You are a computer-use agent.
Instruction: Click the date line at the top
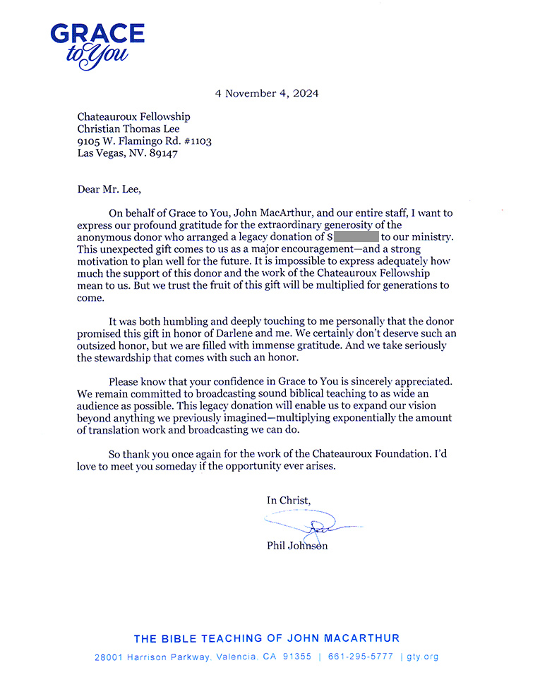coord(267,93)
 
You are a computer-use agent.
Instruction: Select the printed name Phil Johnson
coord(296,546)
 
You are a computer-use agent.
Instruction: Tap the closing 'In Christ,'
coord(288,500)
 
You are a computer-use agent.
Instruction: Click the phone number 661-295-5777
coord(363,657)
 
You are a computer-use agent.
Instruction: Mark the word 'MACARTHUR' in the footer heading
coord(361,638)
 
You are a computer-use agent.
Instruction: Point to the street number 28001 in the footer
coord(109,657)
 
